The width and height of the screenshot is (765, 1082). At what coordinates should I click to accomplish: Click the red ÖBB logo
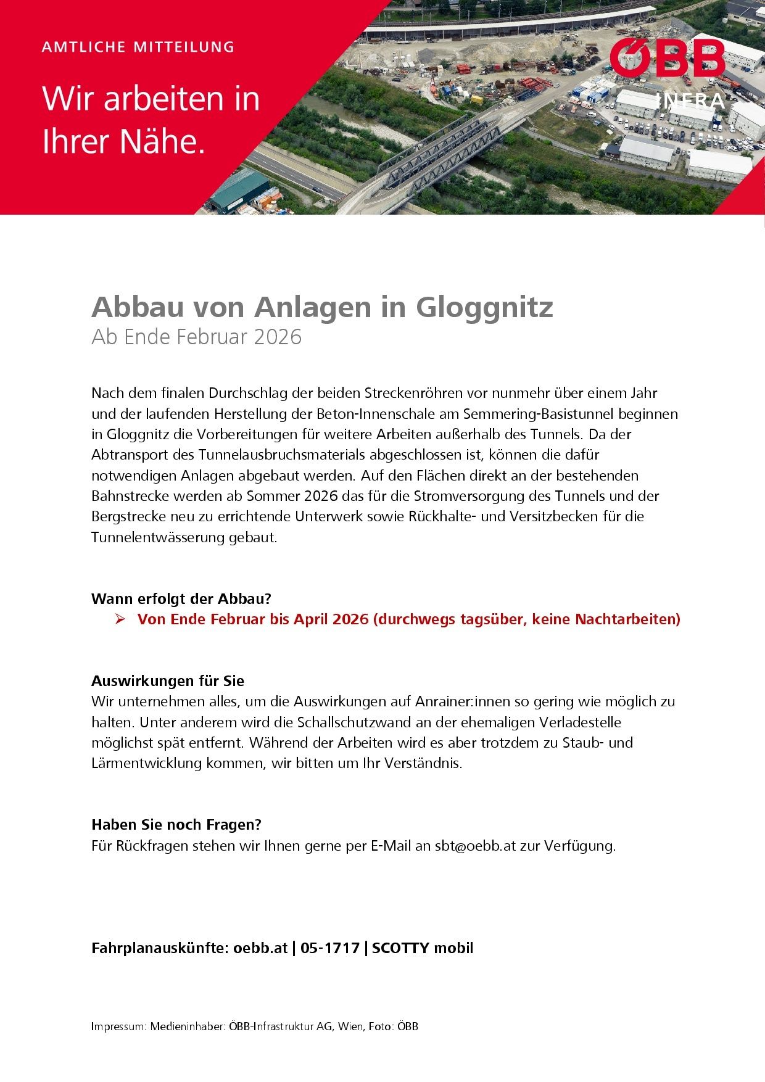(668, 59)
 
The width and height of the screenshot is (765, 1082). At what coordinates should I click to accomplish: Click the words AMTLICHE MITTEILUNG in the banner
(138, 47)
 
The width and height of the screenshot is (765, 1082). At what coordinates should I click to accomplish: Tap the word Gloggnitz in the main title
(484, 307)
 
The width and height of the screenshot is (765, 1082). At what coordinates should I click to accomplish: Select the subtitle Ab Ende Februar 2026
(196, 337)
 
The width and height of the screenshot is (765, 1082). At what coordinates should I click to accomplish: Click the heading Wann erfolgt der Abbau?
(181, 598)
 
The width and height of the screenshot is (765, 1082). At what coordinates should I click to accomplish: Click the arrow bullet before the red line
(120, 619)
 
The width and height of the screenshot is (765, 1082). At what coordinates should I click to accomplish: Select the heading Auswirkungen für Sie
(168, 680)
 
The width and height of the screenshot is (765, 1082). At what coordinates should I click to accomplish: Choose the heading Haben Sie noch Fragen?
(176, 824)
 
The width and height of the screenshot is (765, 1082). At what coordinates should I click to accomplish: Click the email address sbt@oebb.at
(475, 845)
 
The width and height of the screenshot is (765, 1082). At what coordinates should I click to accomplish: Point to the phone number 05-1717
(330, 948)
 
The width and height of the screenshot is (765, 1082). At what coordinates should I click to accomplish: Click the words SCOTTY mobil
(423, 948)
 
